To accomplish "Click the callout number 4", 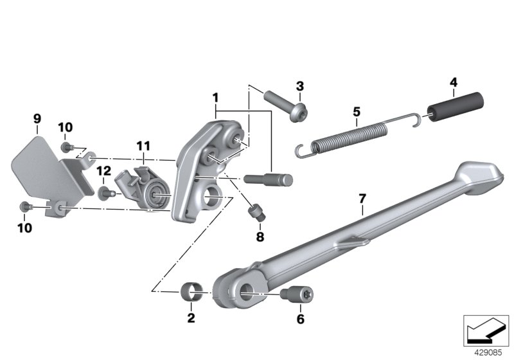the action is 454,82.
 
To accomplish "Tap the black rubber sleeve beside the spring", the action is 456,107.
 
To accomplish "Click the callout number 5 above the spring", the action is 357,112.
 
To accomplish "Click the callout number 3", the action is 300,86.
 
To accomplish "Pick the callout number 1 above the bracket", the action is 215,98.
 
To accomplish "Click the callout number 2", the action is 191,318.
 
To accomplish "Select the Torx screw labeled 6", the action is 297,293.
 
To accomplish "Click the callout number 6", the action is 301,319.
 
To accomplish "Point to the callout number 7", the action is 362,199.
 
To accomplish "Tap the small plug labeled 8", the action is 258,212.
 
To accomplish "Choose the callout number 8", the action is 260,237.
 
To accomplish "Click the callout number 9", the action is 37,119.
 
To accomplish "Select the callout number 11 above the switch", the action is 143,145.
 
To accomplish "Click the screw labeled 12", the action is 105,193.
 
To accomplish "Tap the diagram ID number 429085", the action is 488,353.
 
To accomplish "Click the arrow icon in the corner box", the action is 486,330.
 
